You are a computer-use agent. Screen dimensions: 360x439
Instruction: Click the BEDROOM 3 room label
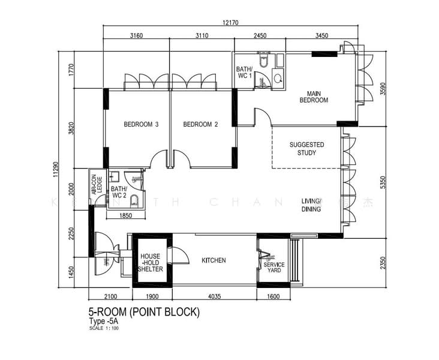point(141,125)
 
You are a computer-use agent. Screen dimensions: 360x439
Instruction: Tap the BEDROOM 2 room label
point(200,125)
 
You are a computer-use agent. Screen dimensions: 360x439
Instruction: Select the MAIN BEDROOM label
point(314,97)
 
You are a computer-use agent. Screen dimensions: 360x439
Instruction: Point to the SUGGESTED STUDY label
point(306,149)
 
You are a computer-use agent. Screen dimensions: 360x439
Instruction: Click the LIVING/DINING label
point(311,205)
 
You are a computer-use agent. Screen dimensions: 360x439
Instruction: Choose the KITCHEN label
point(214,260)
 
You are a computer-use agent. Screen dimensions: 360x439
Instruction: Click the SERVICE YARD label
point(274,268)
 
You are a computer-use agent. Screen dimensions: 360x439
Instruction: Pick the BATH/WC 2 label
point(119,192)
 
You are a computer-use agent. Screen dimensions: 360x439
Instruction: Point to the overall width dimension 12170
point(230,23)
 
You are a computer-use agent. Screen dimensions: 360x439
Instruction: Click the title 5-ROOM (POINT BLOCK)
point(144,312)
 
